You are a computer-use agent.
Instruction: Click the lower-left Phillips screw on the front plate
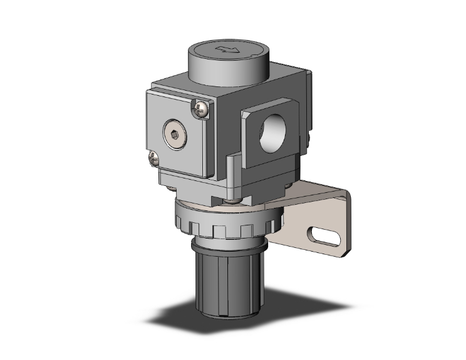pyautogui.click(x=152, y=160)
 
